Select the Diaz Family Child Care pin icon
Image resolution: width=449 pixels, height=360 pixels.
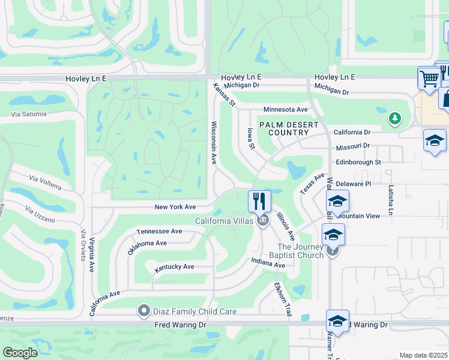(x=143, y=311)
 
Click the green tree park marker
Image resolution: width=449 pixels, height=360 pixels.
(x=394, y=118)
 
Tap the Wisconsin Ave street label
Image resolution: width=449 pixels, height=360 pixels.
(x=213, y=143)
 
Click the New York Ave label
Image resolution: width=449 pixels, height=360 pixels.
(x=175, y=207)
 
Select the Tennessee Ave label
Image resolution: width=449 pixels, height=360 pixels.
(x=159, y=231)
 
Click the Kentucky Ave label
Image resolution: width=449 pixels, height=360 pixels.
(x=175, y=266)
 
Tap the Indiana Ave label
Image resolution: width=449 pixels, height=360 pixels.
(x=268, y=262)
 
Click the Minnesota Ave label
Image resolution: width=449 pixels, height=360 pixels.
(x=285, y=110)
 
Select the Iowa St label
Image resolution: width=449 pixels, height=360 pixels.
(x=252, y=139)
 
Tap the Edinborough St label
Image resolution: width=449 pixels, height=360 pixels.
(x=358, y=162)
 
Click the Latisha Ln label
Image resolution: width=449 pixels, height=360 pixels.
(x=390, y=200)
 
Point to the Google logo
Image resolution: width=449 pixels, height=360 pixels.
(x=20, y=353)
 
